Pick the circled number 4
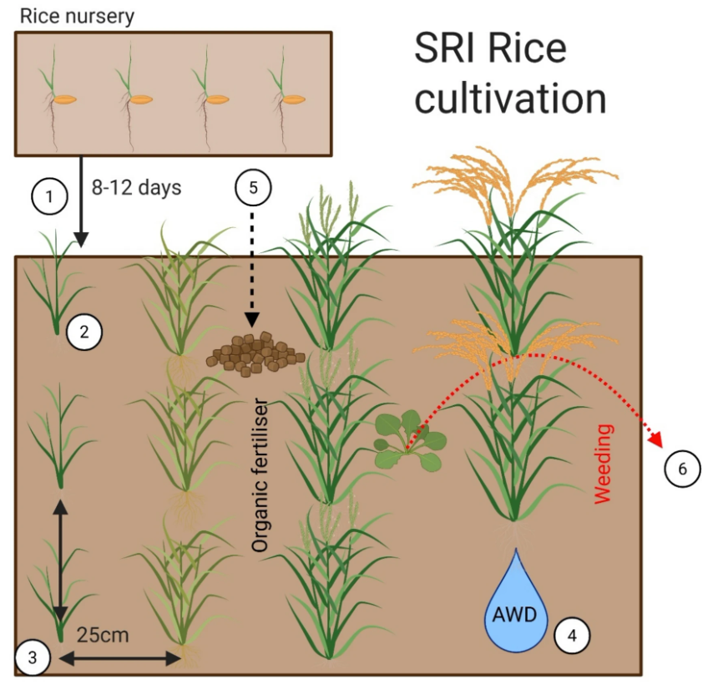tap(571, 636)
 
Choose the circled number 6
tap(682, 469)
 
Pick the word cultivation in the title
tap(510, 99)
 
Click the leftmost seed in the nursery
tap(65, 100)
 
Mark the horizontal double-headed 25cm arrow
tap(121, 659)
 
